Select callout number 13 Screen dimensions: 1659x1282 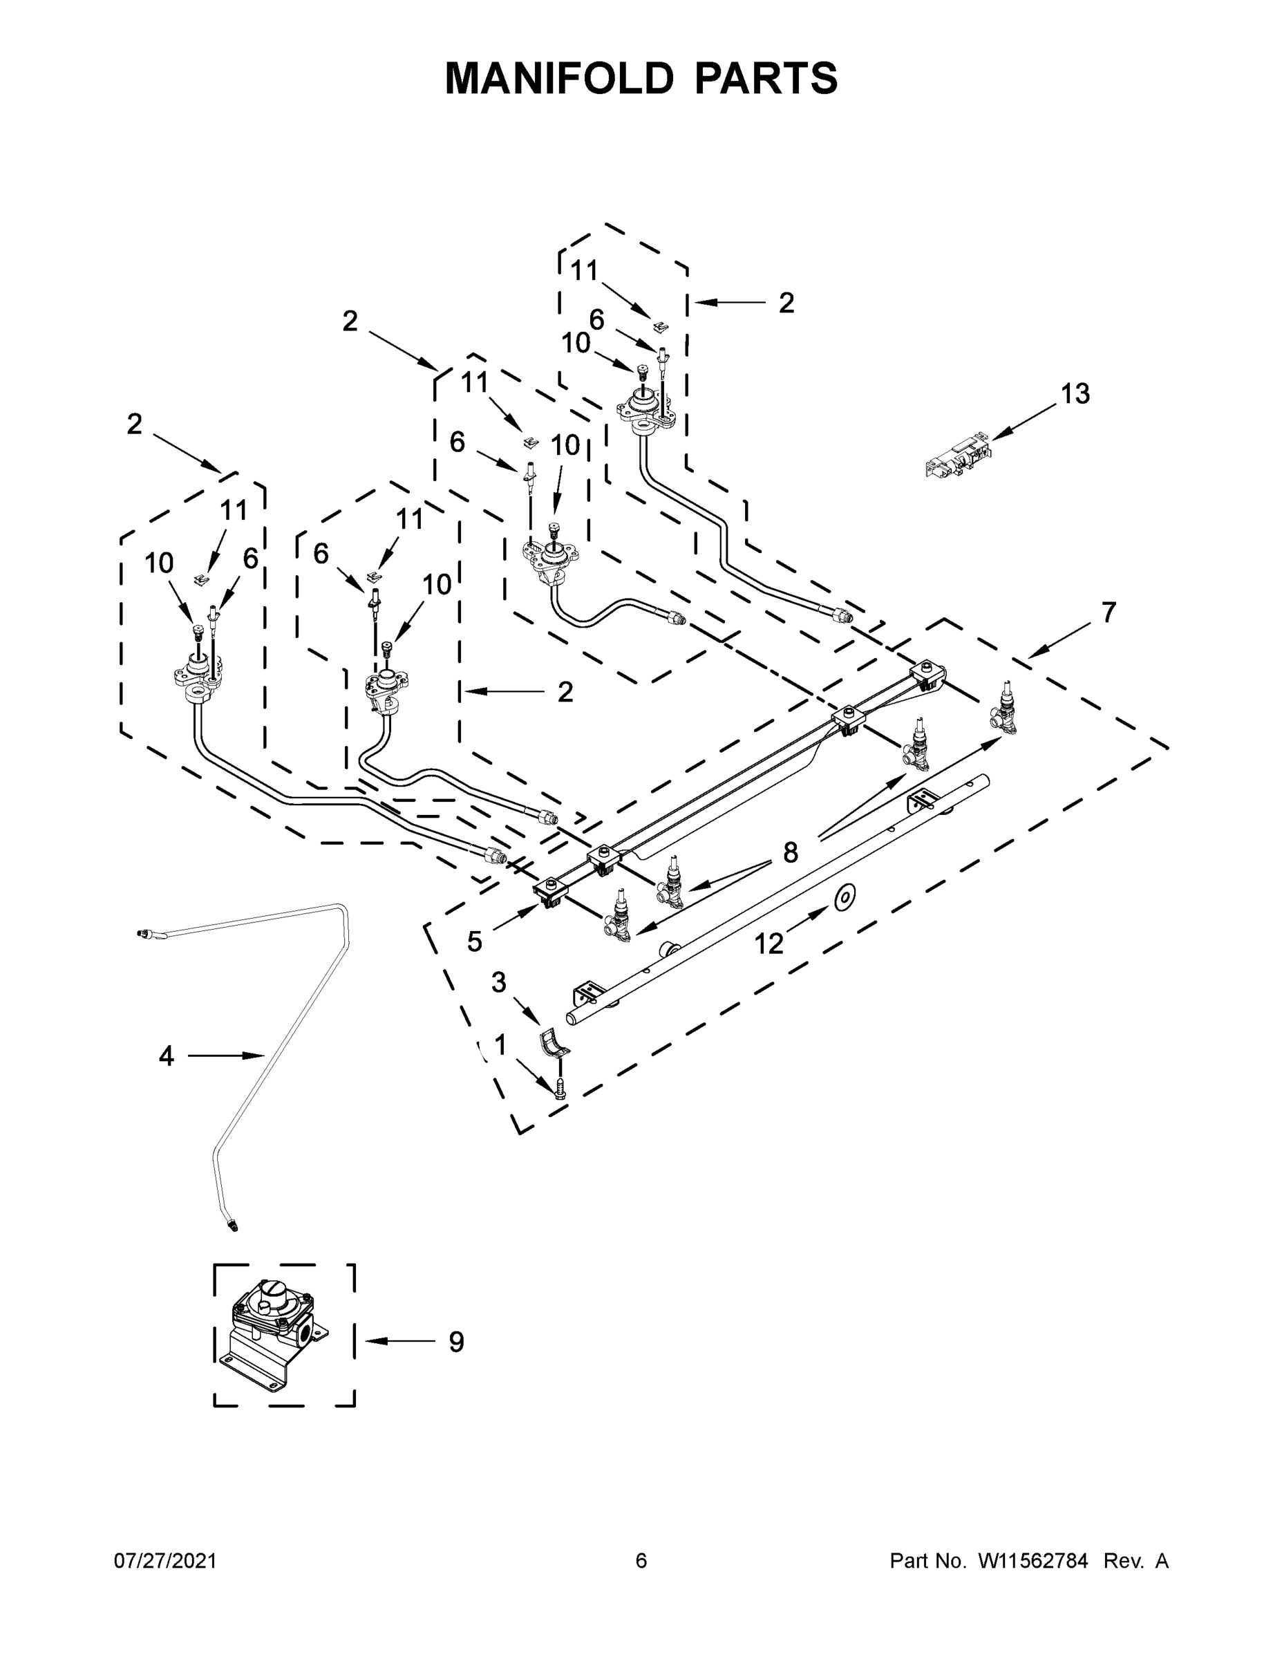point(1074,393)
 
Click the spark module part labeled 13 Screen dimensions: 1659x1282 point(958,454)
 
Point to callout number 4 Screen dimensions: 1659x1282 point(167,1055)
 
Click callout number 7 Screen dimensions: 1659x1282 point(1109,612)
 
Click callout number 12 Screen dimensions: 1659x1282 point(769,944)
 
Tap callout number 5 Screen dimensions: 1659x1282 point(474,942)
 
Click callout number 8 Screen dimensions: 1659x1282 point(790,852)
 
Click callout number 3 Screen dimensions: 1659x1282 point(498,982)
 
